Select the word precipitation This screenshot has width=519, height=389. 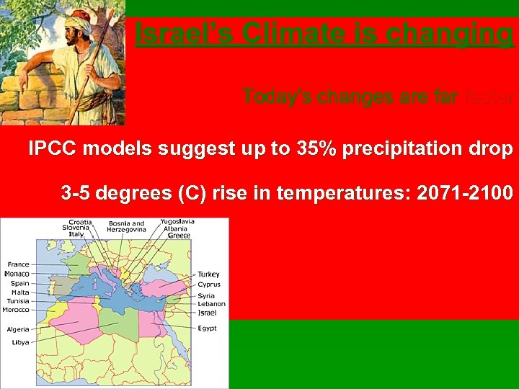pos(409,149)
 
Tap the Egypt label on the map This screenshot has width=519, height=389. pos(208,328)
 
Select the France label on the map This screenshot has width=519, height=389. pos(18,264)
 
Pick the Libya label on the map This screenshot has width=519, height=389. pos(20,342)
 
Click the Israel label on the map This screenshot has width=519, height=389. pos(207,313)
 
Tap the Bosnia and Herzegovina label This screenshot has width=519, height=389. pos(126,226)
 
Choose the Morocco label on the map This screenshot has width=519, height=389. pos(16,310)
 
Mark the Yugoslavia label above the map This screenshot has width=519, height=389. pos(177,222)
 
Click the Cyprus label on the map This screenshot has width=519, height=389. pos(209,285)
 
